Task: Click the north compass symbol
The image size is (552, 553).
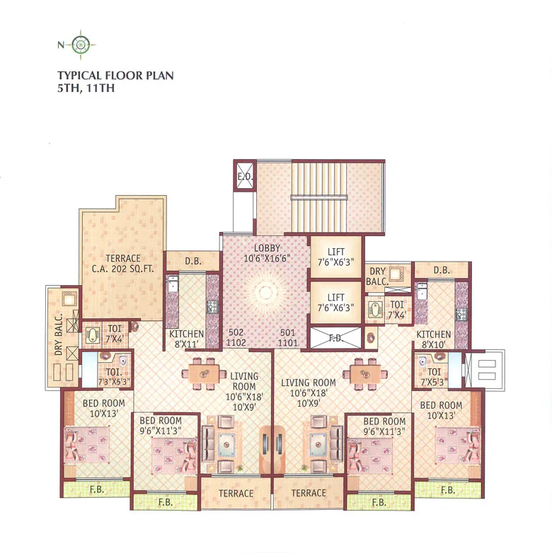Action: click(x=81, y=45)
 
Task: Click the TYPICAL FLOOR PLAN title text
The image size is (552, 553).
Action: click(x=115, y=74)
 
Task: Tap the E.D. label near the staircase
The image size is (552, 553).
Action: click(x=245, y=177)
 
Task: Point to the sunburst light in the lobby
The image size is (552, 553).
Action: click(x=265, y=292)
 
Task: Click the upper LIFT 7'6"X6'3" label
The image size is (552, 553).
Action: click(x=336, y=257)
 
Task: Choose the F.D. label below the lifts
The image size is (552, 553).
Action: click(x=335, y=339)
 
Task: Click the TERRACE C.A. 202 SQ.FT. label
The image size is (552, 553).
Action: click(x=123, y=264)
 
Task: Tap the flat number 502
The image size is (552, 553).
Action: click(x=236, y=332)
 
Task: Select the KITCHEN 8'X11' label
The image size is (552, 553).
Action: click(x=187, y=339)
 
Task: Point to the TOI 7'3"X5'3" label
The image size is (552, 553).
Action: click(x=114, y=377)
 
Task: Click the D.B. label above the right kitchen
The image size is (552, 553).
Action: click(x=442, y=269)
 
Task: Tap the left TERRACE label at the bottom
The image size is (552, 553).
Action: click(x=236, y=493)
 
